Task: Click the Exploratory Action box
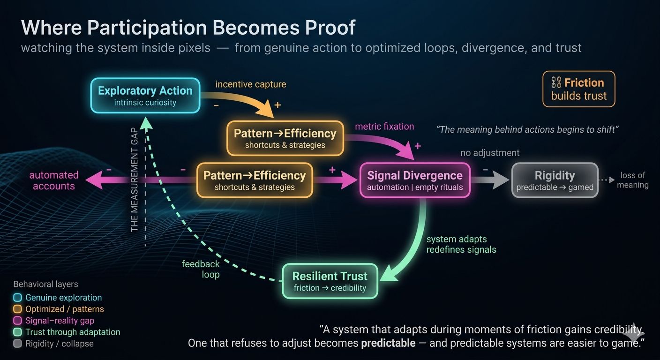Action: pyautogui.click(x=145, y=96)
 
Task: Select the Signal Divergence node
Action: pyautogui.click(x=414, y=180)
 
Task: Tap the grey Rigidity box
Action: pyautogui.click(x=555, y=180)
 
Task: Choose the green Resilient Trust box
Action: pyautogui.click(x=330, y=281)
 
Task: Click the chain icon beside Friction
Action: pyautogui.click(x=556, y=83)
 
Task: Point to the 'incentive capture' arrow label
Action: pyautogui.click(x=250, y=84)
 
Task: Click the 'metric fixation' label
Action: pyautogui.click(x=384, y=127)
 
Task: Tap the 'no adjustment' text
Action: pyautogui.click(x=490, y=153)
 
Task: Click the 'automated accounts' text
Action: pyautogui.click(x=54, y=180)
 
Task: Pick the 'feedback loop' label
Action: pyautogui.click(x=201, y=269)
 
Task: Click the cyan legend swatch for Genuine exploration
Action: pyautogui.click(x=18, y=298)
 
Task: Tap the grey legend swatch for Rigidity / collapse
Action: pyautogui.click(x=18, y=344)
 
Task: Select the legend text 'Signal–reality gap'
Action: pyautogui.click(x=60, y=321)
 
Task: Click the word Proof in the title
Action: pyautogui.click(x=330, y=28)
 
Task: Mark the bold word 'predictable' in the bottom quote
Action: pyautogui.click(x=388, y=343)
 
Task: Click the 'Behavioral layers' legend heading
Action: pyautogui.click(x=45, y=284)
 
